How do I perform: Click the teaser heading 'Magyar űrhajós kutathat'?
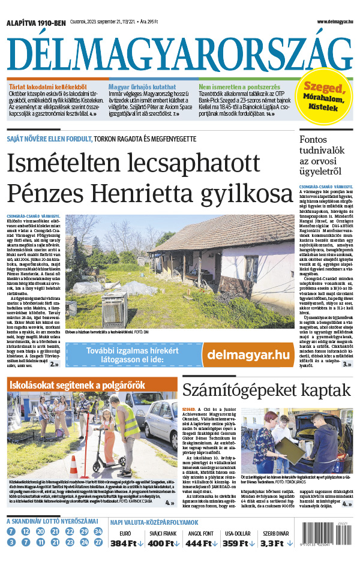pos(142,86)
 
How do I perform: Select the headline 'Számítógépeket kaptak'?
pos(266,390)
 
